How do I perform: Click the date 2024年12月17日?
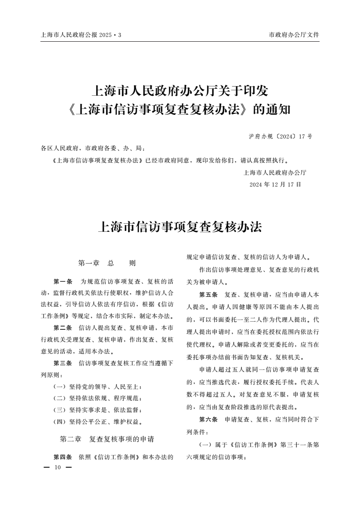click(x=275, y=185)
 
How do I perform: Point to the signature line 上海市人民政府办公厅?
click(x=275, y=172)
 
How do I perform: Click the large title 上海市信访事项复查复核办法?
click(x=180, y=226)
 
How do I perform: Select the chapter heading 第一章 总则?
click(x=107, y=263)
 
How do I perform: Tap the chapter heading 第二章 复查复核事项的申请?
click(x=107, y=440)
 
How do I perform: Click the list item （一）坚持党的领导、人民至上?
click(x=98, y=387)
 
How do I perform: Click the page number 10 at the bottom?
click(x=57, y=467)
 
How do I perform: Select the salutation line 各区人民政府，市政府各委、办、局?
click(x=93, y=148)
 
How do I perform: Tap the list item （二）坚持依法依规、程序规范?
click(x=98, y=399)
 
